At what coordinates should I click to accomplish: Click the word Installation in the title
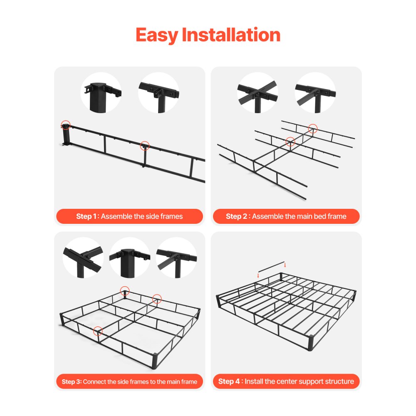click(231, 35)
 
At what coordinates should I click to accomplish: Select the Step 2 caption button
click(286, 216)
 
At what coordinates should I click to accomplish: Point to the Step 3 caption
click(129, 381)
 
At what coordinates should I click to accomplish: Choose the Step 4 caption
click(286, 381)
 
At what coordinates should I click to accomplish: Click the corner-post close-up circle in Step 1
click(101, 92)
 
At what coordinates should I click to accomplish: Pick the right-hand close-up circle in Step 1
click(159, 92)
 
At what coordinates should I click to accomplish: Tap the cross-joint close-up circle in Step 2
click(258, 92)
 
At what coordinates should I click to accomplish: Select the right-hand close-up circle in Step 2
click(315, 92)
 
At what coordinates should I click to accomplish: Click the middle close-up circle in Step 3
click(130, 258)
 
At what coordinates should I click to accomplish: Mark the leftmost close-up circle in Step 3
click(83, 258)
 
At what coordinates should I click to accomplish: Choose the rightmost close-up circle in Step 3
click(176, 258)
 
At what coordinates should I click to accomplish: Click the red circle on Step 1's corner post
click(65, 124)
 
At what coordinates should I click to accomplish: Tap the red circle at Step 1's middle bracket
click(145, 146)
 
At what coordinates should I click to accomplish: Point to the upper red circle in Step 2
click(313, 129)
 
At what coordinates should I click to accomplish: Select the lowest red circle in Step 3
click(98, 331)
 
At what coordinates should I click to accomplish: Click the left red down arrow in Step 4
click(258, 275)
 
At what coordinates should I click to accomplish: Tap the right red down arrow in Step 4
click(285, 265)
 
